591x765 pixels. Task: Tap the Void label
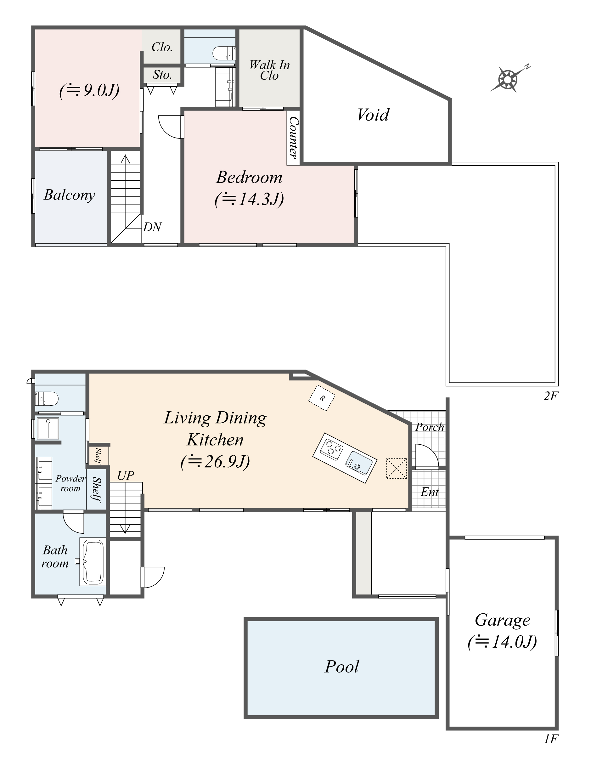(373, 115)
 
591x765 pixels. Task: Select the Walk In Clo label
(269, 70)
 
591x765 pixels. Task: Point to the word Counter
(293, 137)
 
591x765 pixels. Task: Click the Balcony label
(69, 195)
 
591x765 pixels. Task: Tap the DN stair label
(152, 227)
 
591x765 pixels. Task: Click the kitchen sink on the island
(359, 463)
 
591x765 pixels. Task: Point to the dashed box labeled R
(322, 398)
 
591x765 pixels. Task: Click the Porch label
(430, 427)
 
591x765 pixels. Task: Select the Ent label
(430, 492)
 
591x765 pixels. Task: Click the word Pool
(341, 667)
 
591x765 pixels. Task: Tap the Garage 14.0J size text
(502, 642)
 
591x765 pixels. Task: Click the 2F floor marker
(550, 396)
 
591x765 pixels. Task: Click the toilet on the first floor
(47, 398)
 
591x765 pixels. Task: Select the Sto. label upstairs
(162, 75)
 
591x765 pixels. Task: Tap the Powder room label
(70, 483)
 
